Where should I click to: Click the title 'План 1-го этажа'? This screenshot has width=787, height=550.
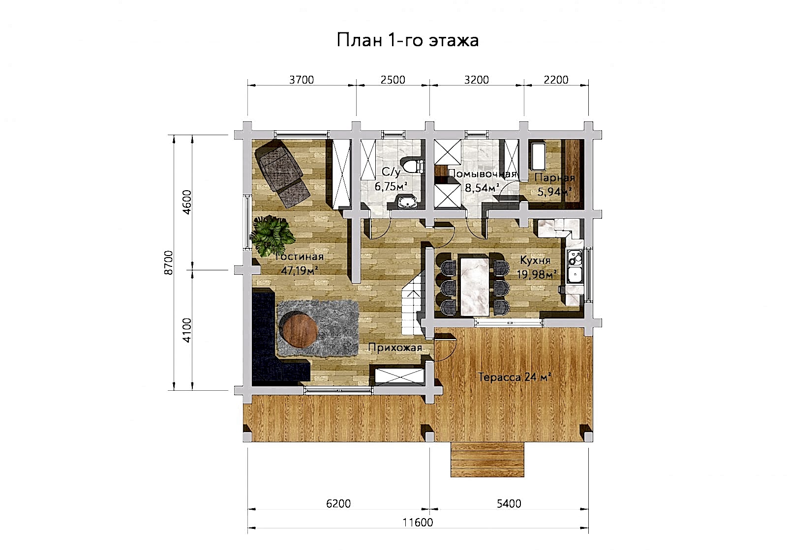click(x=408, y=40)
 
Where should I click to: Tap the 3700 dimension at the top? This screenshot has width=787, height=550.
click(x=302, y=80)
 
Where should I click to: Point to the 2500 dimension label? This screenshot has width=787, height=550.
click(x=393, y=80)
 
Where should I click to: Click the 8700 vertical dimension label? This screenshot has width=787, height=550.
click(x=169, y=262)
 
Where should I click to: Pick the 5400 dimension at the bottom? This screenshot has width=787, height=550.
click(x=509, y=504)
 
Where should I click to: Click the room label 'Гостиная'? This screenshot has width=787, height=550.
click(x=300, y=257)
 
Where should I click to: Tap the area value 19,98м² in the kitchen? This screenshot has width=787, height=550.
click(x=537, y=274)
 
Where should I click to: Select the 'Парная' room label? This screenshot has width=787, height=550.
click(x=555, y=177)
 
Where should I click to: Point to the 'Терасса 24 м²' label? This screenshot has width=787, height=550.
click(x=515, y=377)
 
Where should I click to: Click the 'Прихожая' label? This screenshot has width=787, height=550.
click(x=395, y=347)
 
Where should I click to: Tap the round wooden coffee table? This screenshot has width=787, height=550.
click(x=299, y=330)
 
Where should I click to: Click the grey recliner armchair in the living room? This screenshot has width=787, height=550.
click(x=282, y=174)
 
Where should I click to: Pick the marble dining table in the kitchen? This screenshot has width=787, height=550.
click(x=475, y=287)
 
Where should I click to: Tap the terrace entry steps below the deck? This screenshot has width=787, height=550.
click(x=487, y=460)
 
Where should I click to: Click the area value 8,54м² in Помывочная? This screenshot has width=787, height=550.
click(x=483, y=188)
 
